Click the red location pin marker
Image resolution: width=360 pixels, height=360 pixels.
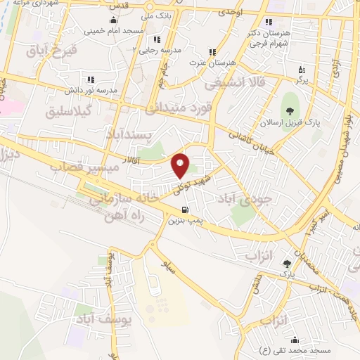(181, 165)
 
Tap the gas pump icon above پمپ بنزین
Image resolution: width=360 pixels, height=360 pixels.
(184, 210)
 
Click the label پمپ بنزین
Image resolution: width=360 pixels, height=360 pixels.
(184, 221)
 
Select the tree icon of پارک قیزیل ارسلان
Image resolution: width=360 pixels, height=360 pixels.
(288, 109)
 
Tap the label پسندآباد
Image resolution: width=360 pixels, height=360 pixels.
(134, 133)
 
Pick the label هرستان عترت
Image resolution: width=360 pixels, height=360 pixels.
(211, 63)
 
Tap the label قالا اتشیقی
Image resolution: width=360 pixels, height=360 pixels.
(231, 83)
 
